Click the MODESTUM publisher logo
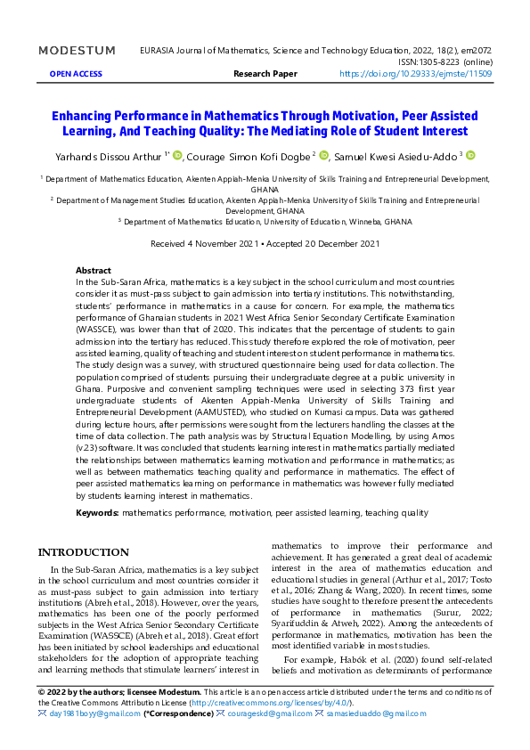(x=77, y=50)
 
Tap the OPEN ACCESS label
(x=76, y=73)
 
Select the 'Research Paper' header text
(x=265, y=73)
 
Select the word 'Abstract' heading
(x=94, y=270)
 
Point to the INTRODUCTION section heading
(x=83, y=552)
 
